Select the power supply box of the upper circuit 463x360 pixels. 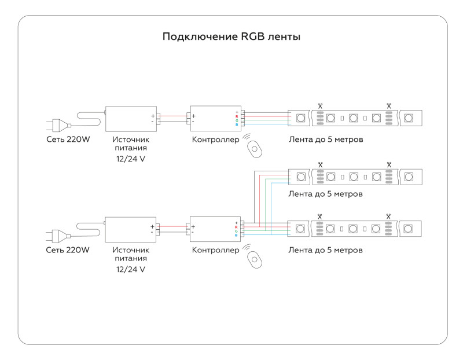130,119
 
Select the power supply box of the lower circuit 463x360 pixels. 130,229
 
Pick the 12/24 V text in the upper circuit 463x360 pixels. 130,159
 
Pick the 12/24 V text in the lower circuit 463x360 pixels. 130,270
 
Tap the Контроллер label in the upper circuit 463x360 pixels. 215,139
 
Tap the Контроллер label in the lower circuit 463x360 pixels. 215,250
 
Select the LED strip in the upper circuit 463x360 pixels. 355,118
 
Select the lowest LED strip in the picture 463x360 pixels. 355,229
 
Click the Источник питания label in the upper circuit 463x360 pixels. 130,144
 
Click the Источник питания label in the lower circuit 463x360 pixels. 130,255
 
